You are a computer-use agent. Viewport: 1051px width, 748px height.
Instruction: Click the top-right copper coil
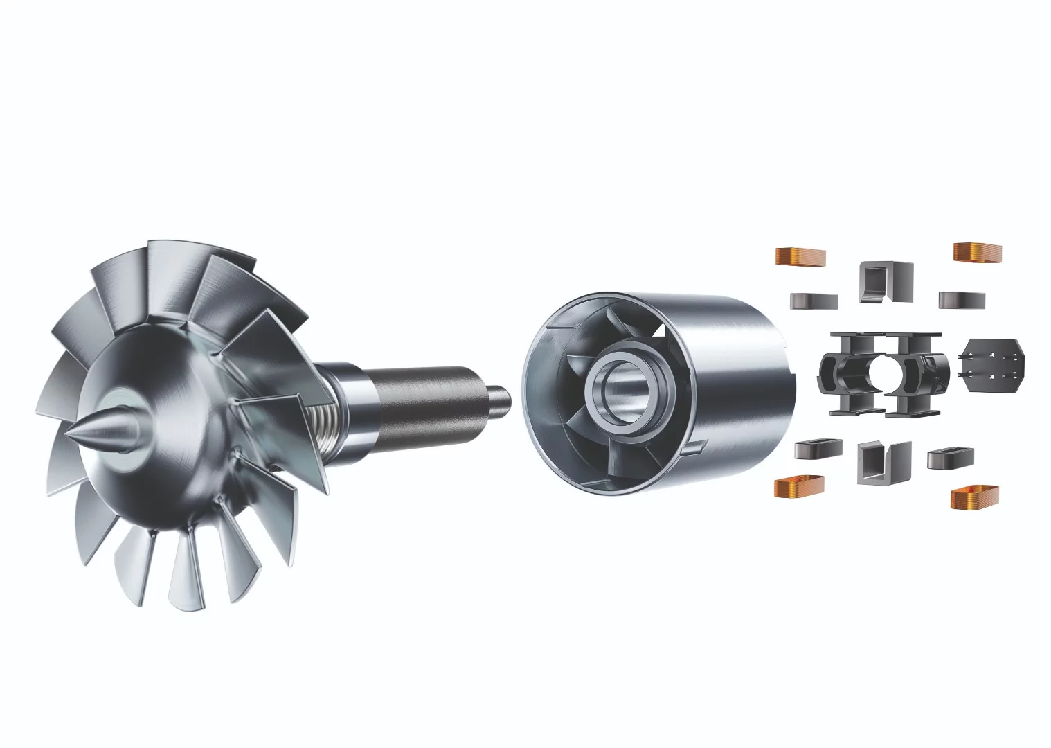[978, 253]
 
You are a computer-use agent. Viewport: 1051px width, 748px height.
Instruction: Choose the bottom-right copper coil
[975, 496]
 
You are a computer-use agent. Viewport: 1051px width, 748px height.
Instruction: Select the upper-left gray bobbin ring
[814, 300]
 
